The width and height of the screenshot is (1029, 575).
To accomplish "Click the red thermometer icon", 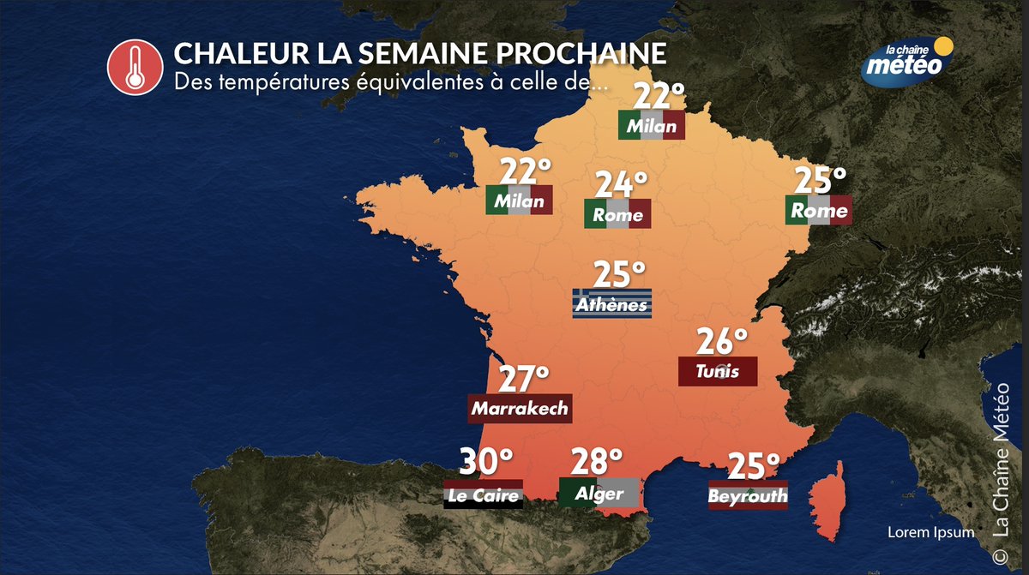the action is [133, 68].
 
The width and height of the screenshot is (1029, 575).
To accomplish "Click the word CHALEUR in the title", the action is [224, 52].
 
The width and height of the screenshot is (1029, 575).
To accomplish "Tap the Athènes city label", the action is [612, 304].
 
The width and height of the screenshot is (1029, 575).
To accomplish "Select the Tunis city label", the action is [718, 371].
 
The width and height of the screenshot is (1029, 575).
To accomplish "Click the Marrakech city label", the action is [520, 408].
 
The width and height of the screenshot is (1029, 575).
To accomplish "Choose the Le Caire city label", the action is [483, 494].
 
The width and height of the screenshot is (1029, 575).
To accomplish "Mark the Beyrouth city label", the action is [748, 495].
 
